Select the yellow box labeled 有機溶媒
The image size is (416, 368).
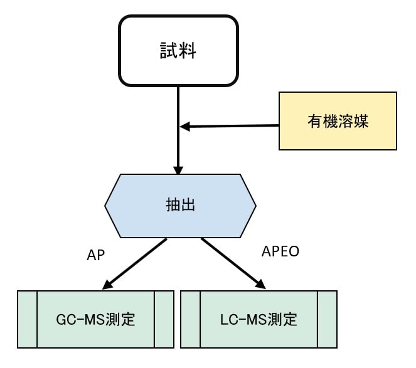click(x=338, y=121)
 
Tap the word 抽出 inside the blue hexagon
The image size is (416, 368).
click(x=181, y=204)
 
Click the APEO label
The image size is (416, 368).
click(x=279, y=252)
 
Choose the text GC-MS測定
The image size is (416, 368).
click(x=95, y=319)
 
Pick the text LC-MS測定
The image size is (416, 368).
click(x=258, y=319)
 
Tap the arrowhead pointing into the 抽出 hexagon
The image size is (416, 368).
click(x=178, y=171)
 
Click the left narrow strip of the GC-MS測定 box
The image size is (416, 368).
click(x=27, y=319)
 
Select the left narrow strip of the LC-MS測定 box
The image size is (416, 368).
click(x=190, y=319)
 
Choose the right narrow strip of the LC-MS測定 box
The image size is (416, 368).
click(x=327, y=319)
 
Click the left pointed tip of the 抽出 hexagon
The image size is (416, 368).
click(x=107, y=204)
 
